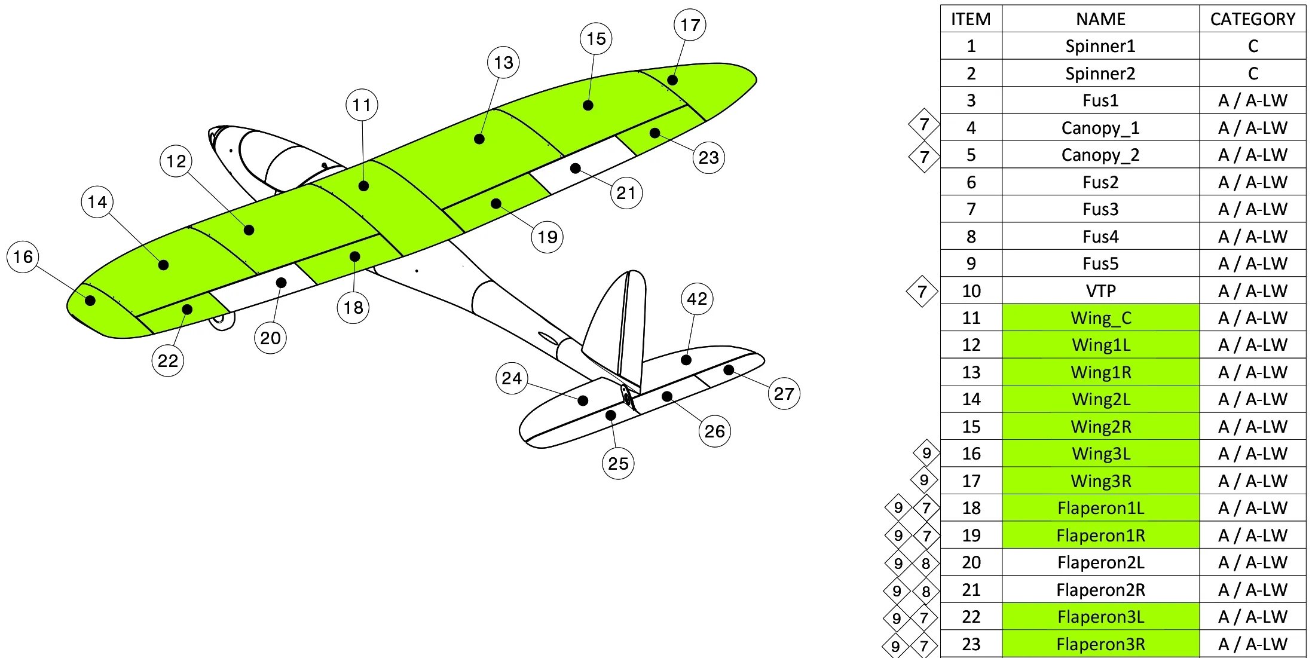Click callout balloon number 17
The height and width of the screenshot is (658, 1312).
click(690, 25)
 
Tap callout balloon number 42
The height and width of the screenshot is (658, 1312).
click(697, 299)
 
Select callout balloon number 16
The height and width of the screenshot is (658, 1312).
click(23, 257)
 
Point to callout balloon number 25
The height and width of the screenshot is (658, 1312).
click(618, 463)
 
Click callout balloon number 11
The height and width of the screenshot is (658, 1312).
click(362, 105)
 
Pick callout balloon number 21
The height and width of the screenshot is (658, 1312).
click(626, 193)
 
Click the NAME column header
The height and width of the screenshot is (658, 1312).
click(1100, 19)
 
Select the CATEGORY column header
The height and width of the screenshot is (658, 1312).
click(1252, 19)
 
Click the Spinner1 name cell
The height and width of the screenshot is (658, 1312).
click(1100, 46)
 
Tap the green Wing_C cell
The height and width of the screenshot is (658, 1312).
click(1100, 318)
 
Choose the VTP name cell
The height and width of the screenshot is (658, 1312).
click(1100, 291)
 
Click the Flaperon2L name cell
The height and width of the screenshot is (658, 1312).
click(1100, 562)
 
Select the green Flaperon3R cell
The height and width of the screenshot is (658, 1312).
click(1100, 644)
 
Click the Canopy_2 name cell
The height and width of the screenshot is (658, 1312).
click(1100, 155)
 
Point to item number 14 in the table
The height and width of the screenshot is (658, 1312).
click(971, 399)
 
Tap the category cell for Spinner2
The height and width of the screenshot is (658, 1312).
click(1253, 74)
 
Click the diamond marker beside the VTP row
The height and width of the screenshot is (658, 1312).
click(922, 292)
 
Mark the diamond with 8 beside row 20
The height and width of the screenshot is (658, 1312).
click(926, 563)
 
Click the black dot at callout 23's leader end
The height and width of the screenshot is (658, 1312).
click(655, 133)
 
